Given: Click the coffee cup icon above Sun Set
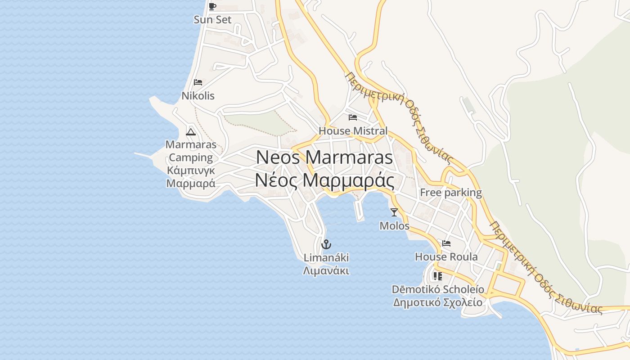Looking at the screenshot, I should tap(212, 6).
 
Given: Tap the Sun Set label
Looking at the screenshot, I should tap(212, 20).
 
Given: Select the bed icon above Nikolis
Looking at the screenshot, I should tap(198, 82).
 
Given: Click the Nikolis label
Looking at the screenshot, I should tap(198, 96).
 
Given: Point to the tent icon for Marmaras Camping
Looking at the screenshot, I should tap(191, 132).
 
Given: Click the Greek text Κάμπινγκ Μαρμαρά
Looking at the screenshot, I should tap(191, 177).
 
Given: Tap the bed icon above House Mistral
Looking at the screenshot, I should tap(353, 117).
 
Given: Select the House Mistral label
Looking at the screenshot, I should tap(353, 131).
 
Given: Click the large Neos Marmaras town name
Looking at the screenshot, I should tap(324, 157).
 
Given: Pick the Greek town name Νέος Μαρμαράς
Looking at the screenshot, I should tap(324, 180).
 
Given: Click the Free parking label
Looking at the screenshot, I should tap(450, 193).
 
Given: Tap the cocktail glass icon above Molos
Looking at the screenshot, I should tap(394, 212).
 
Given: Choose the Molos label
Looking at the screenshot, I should tap(394, 225).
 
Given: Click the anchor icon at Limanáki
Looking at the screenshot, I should tap(326, 244).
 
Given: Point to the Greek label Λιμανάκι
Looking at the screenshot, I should tap(326, 271).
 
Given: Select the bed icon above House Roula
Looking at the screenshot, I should tap(446, 243).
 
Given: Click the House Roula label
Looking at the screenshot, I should tap(446, 257).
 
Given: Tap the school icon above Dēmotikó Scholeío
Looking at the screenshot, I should tap(437, 276).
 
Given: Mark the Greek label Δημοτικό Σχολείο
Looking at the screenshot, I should tap(437, 302).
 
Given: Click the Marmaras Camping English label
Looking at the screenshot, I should tap(191, 151).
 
